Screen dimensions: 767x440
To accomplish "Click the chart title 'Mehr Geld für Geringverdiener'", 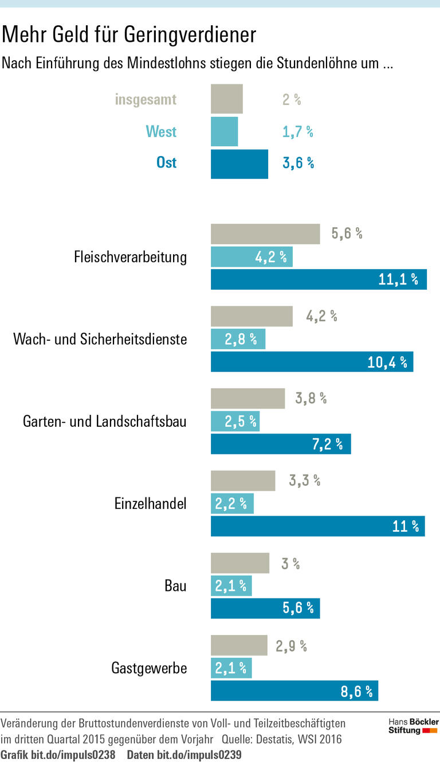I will [x=128, y=36].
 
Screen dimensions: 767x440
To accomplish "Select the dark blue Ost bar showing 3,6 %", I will [x=239, y=164].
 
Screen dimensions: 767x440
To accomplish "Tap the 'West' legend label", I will [x=161, y=132].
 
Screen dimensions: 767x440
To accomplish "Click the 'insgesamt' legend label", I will [x=146, y=99].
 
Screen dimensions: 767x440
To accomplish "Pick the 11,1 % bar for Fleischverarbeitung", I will [x=319, y=279].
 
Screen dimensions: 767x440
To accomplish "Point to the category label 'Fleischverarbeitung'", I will [x=130, y=257].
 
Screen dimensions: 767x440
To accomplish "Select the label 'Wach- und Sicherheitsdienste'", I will [x=100, y=339].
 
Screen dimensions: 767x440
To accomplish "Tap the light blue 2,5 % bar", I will [x=235, y=422].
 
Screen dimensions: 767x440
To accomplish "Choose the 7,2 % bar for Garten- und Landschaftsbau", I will [x=281, y=444].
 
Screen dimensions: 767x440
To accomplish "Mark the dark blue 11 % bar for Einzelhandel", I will [x=317, y=526].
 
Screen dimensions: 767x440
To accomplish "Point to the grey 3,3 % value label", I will [x=304, y=481].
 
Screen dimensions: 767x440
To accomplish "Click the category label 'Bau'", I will [x=175, y=586].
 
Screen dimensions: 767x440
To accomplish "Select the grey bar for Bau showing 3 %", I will [x=239, y=563].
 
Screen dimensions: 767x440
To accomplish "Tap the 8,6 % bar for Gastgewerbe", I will [x=294, y=691].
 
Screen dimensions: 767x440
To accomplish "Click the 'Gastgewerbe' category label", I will [x=149, y=668].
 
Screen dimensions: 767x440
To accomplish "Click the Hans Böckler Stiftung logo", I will [x=413, y=726].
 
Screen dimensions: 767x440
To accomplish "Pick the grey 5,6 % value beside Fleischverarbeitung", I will [x=347, y=234].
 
